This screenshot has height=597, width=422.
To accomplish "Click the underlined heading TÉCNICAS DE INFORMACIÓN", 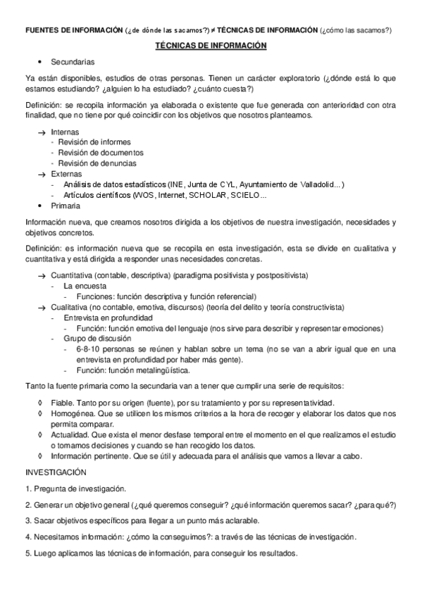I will pos(211,45).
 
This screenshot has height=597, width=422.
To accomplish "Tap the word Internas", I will pos(65,132).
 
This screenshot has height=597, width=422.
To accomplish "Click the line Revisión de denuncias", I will pos(97,163).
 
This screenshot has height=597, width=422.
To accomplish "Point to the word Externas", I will pos(66,173).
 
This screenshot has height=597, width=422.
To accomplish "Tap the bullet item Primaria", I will pos(66,205).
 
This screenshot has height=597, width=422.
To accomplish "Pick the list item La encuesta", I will pos(85,286).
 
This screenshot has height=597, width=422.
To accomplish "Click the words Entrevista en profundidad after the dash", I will pos(108,318).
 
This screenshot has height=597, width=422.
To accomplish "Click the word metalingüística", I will pos(159,370).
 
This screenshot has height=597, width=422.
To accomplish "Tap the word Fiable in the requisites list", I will pos(62,402).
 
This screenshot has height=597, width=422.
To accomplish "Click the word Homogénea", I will pos(71,413).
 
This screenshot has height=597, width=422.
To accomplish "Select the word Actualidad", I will pos(69,434).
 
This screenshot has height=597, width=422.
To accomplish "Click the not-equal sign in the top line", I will pos(213,30).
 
